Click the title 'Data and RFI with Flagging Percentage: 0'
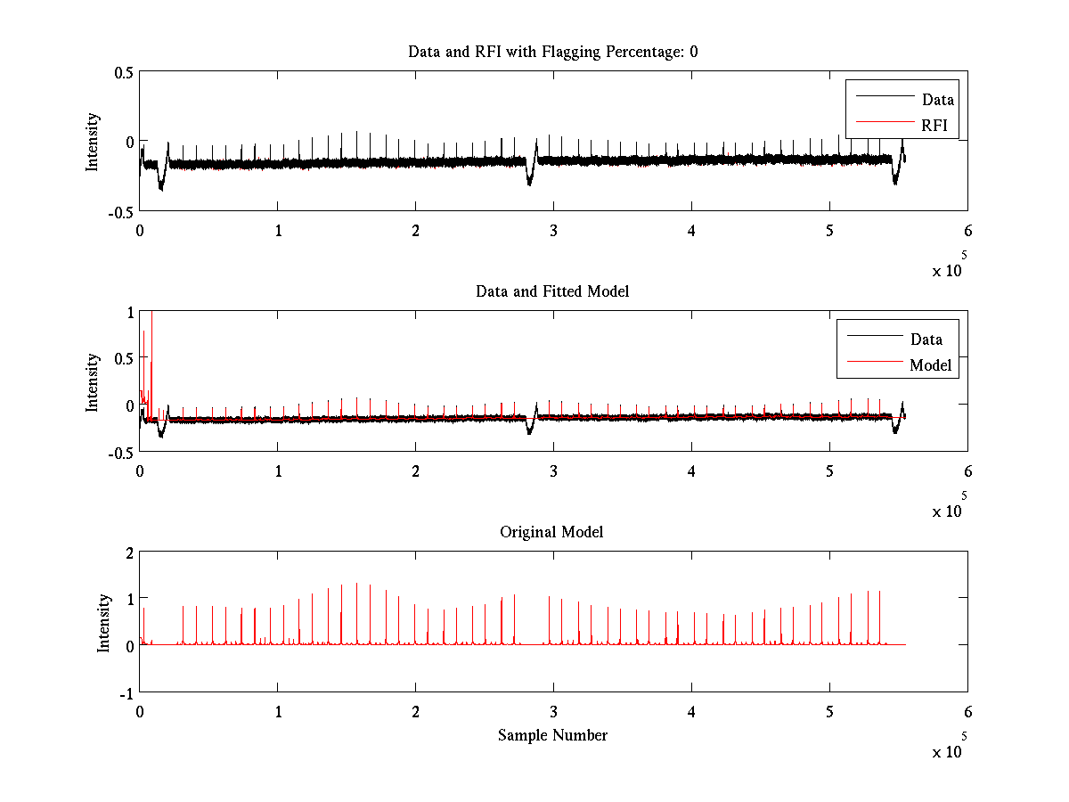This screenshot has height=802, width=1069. click(552, 52)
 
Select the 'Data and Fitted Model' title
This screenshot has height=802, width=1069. click(552, 291)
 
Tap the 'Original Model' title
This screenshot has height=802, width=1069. click(551, 532)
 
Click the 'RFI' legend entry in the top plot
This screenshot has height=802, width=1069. click(934, 125)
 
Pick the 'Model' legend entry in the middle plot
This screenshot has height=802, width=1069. click(930, 364)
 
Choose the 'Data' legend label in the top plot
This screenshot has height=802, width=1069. click(938, 99)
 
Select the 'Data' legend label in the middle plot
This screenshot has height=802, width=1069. click(926, 339)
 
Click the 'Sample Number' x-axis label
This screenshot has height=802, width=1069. click(552, 735)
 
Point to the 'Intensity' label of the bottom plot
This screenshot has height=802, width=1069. click(104, 622)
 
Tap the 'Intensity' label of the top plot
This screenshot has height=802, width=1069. click(93, 141)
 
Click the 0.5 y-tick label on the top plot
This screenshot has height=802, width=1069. click(123, 73)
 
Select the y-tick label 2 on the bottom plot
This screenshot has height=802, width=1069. click(128, 553)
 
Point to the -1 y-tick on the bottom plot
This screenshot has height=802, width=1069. click(126, 692)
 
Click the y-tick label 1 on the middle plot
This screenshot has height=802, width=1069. click(129, 313)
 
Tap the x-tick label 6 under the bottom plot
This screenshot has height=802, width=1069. click(967, 712)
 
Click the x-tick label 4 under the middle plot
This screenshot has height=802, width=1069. click(691, 471)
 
